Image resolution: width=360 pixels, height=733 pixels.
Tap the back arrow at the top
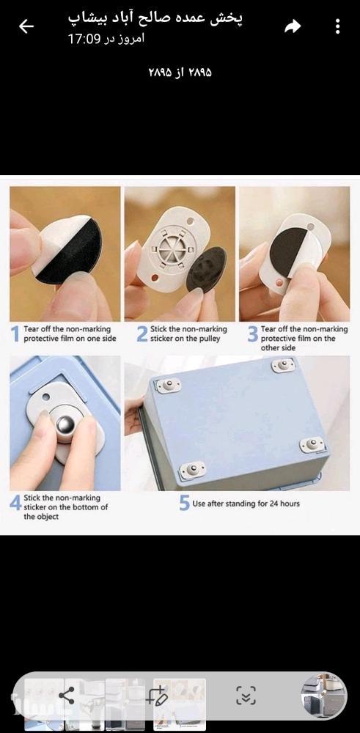(x=26, y=26)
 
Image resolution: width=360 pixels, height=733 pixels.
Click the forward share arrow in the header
(x=293, y=26)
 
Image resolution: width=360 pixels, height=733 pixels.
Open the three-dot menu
(x=337, y=26)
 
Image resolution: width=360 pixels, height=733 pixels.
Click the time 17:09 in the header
(x=83, y=40)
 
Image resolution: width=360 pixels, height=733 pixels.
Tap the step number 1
(x=15, y=334)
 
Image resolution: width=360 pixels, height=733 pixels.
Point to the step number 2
(x=142, y=334)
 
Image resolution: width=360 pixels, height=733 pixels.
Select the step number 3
(x=253, y=334)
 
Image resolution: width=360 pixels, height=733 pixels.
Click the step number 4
(x=15, y=503)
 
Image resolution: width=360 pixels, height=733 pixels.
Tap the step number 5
(x=185, y=504)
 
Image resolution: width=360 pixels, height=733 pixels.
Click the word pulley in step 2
(x=209, y=339)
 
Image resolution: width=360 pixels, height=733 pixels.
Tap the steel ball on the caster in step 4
(x=65, y=426)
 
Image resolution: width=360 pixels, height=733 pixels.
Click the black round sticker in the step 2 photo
(x=206, y=270)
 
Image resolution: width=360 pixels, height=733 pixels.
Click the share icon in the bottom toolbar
(x=67, y=696)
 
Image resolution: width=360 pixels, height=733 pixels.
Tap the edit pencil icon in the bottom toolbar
(x=157, y=696)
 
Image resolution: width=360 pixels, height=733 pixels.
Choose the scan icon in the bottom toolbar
(x=246, y=696)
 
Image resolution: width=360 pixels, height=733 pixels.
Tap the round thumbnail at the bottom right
(x=323, y=696)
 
